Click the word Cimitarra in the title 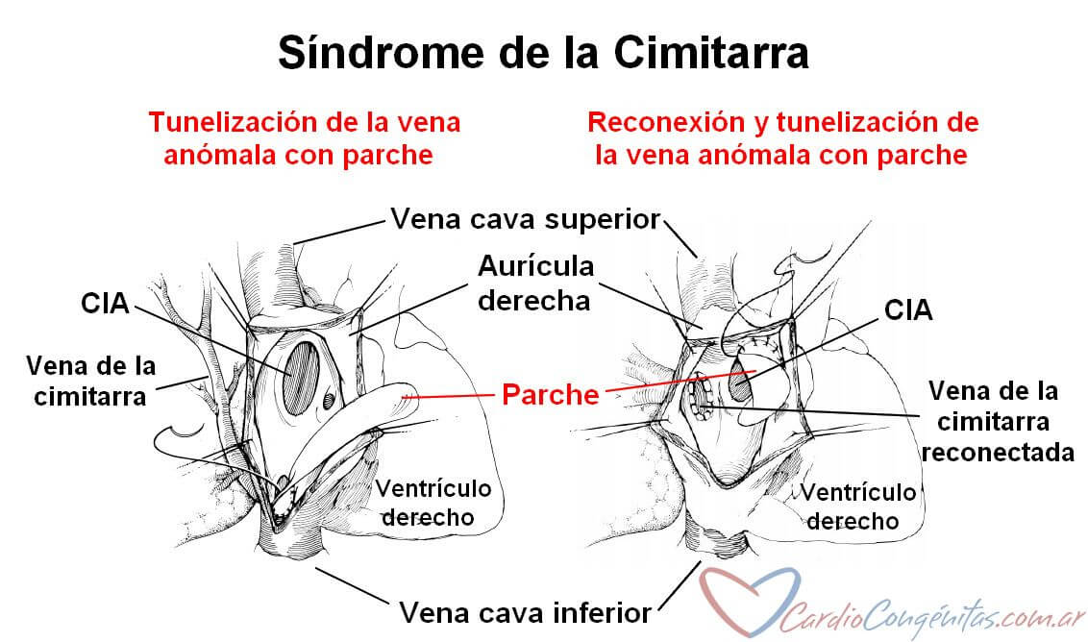[x=711, y=51]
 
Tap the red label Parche [x=550, y=395]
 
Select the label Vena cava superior [x=526, y=219]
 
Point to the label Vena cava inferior [x=526, y=613]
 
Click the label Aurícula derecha [x=535, y=284]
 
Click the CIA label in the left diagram [x=105, y=304]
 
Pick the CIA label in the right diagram [x=908, y=310]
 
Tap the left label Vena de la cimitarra [x=91, y=381]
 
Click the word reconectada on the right [x=998, y=453]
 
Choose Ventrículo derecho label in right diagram [x=857, y=506]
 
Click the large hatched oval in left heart [x=301, y=377]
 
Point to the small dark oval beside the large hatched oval [x=329, y=400]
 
